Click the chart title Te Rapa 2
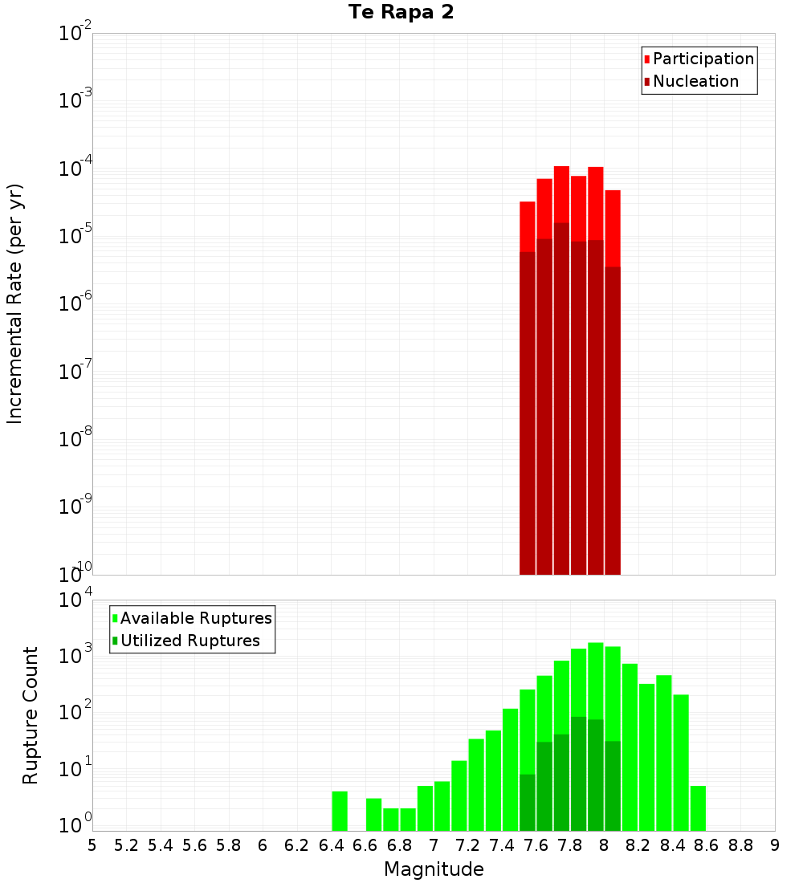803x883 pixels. coord(401,13)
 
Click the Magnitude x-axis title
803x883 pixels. coord(434,869)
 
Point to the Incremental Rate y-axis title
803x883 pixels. coord(15,303)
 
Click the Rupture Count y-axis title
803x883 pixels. coord(31,715)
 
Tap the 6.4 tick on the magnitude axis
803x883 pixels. coord(331,845)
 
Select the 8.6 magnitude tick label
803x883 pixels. coord(707,845)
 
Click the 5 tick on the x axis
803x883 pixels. coord(92,845)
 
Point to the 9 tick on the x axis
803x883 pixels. coord(775,845)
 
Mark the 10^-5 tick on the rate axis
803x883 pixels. coord(75,236)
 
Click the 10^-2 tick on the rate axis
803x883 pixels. coord(75,34)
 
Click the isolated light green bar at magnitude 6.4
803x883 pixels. coord(340,811)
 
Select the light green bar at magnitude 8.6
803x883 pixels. coord(698,808)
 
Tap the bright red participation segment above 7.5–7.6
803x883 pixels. coord(528,226)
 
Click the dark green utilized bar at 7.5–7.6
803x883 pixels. coord(528,803)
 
